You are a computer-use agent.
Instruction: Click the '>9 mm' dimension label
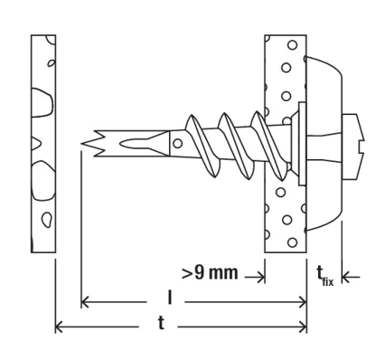[210, 273]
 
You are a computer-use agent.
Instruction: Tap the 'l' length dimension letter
[170, 298]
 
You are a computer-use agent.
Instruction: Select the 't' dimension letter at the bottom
[162, 323]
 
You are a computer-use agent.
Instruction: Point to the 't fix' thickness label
[325, 275]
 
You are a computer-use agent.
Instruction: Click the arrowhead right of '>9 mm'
[261, 277]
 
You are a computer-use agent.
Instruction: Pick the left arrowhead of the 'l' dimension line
[85, 302]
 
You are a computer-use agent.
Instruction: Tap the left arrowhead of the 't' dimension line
[59, 327]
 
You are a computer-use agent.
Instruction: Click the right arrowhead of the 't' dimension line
[303, 327]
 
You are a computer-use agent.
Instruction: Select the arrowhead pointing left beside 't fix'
[346, 277]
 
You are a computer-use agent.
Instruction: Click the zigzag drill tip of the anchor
[94, 144]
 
